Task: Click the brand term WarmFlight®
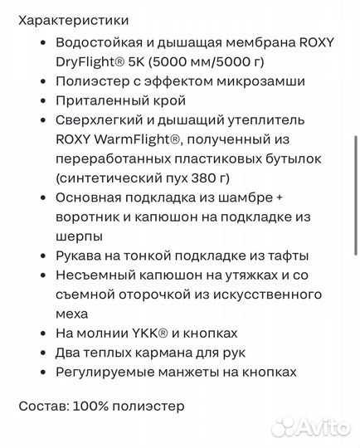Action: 134,140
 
